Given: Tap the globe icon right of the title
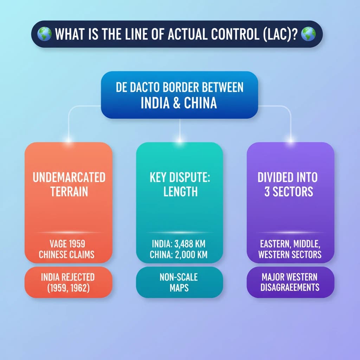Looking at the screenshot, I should (x=309, y=34).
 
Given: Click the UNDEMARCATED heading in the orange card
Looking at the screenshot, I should (x=69, y=177).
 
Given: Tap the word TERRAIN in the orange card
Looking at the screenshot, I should (x=69, y=192).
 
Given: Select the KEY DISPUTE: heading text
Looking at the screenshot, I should (x=179, y=177).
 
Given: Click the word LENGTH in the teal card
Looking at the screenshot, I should (x=180, y=192).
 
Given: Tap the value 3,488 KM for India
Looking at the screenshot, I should (x=190, y=243).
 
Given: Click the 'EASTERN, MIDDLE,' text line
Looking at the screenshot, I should (x=290, y=243).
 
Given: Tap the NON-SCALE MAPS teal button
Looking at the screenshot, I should (x=179, y=282).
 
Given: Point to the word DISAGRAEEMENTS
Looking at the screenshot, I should (x=290, y=288).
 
